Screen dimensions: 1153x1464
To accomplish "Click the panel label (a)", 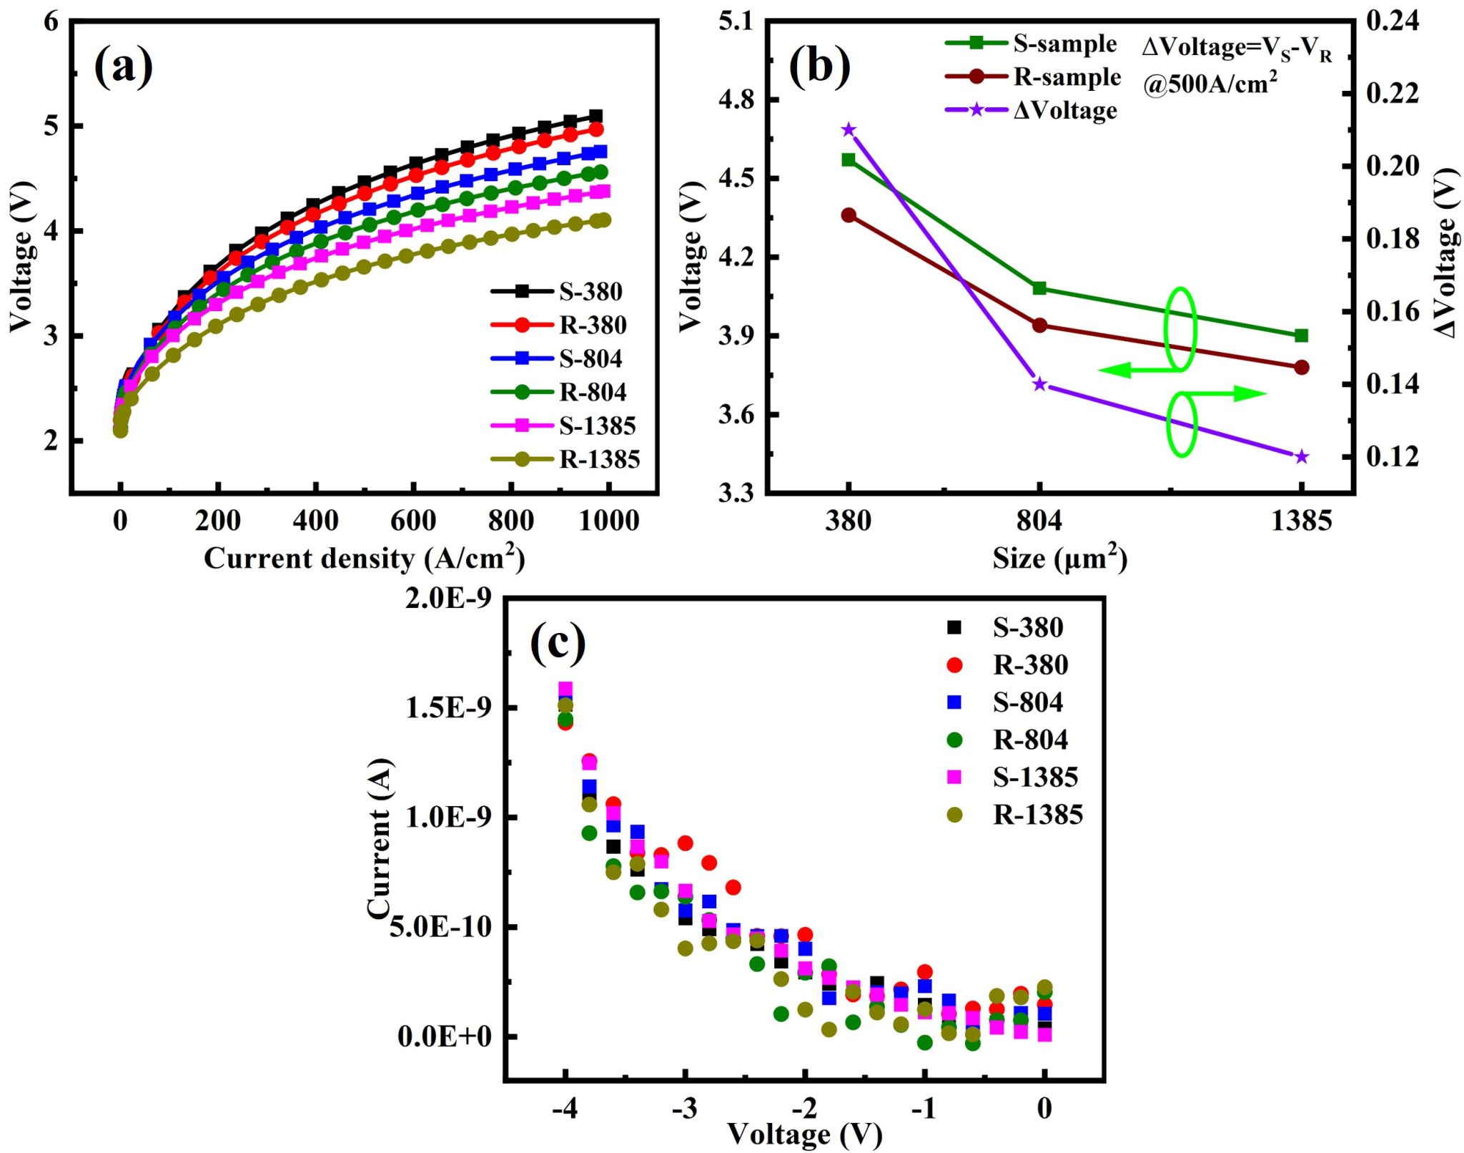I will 123,67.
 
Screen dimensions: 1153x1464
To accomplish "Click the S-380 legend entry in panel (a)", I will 590,291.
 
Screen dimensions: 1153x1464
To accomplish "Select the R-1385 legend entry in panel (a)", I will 599,459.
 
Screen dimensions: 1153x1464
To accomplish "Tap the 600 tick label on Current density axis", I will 412,521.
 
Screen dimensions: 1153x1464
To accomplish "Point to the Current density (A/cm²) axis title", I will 364,559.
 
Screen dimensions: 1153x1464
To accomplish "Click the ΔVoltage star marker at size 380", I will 849,129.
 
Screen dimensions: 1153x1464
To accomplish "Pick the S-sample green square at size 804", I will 1039,288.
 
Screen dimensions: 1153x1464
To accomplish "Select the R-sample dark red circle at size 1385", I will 1301,368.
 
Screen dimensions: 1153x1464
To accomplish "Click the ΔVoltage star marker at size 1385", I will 1301,457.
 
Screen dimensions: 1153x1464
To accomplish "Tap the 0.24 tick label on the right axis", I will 1392,21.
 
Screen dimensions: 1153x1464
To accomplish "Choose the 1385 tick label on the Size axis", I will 1301,521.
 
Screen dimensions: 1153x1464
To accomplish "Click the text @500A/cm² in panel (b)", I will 1210,84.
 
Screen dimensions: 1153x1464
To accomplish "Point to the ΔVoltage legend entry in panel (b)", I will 1064,111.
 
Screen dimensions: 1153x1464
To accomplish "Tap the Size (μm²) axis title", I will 1059,559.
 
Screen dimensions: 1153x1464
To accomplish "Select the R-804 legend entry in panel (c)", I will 1029,740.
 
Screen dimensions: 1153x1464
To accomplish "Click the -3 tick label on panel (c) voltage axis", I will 684,1108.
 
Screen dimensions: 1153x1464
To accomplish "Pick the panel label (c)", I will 558,642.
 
